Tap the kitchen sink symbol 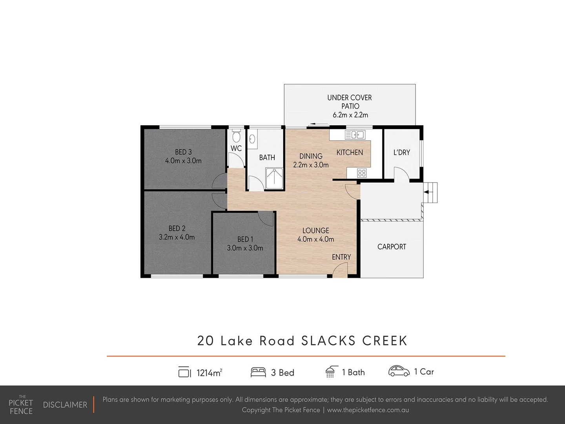(x=354, y=135)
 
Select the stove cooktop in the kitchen (x=361, y=173)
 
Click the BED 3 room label (x=183, y=152)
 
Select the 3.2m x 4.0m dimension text (x=177, y=237)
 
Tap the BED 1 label (x=245, y=239)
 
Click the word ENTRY (x=341, y=257)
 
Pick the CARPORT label (x=392, y=247)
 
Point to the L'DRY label (x=401, y=152)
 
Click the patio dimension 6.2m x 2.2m (x=350, y=115)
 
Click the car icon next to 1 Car (x=399, y=371)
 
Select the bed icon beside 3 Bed (x=258, y=372)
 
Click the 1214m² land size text (x=209, y=373)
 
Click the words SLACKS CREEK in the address (x=354, y=340)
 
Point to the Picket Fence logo (x=21, y=405)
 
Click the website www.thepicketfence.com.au (x=368, y=410)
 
